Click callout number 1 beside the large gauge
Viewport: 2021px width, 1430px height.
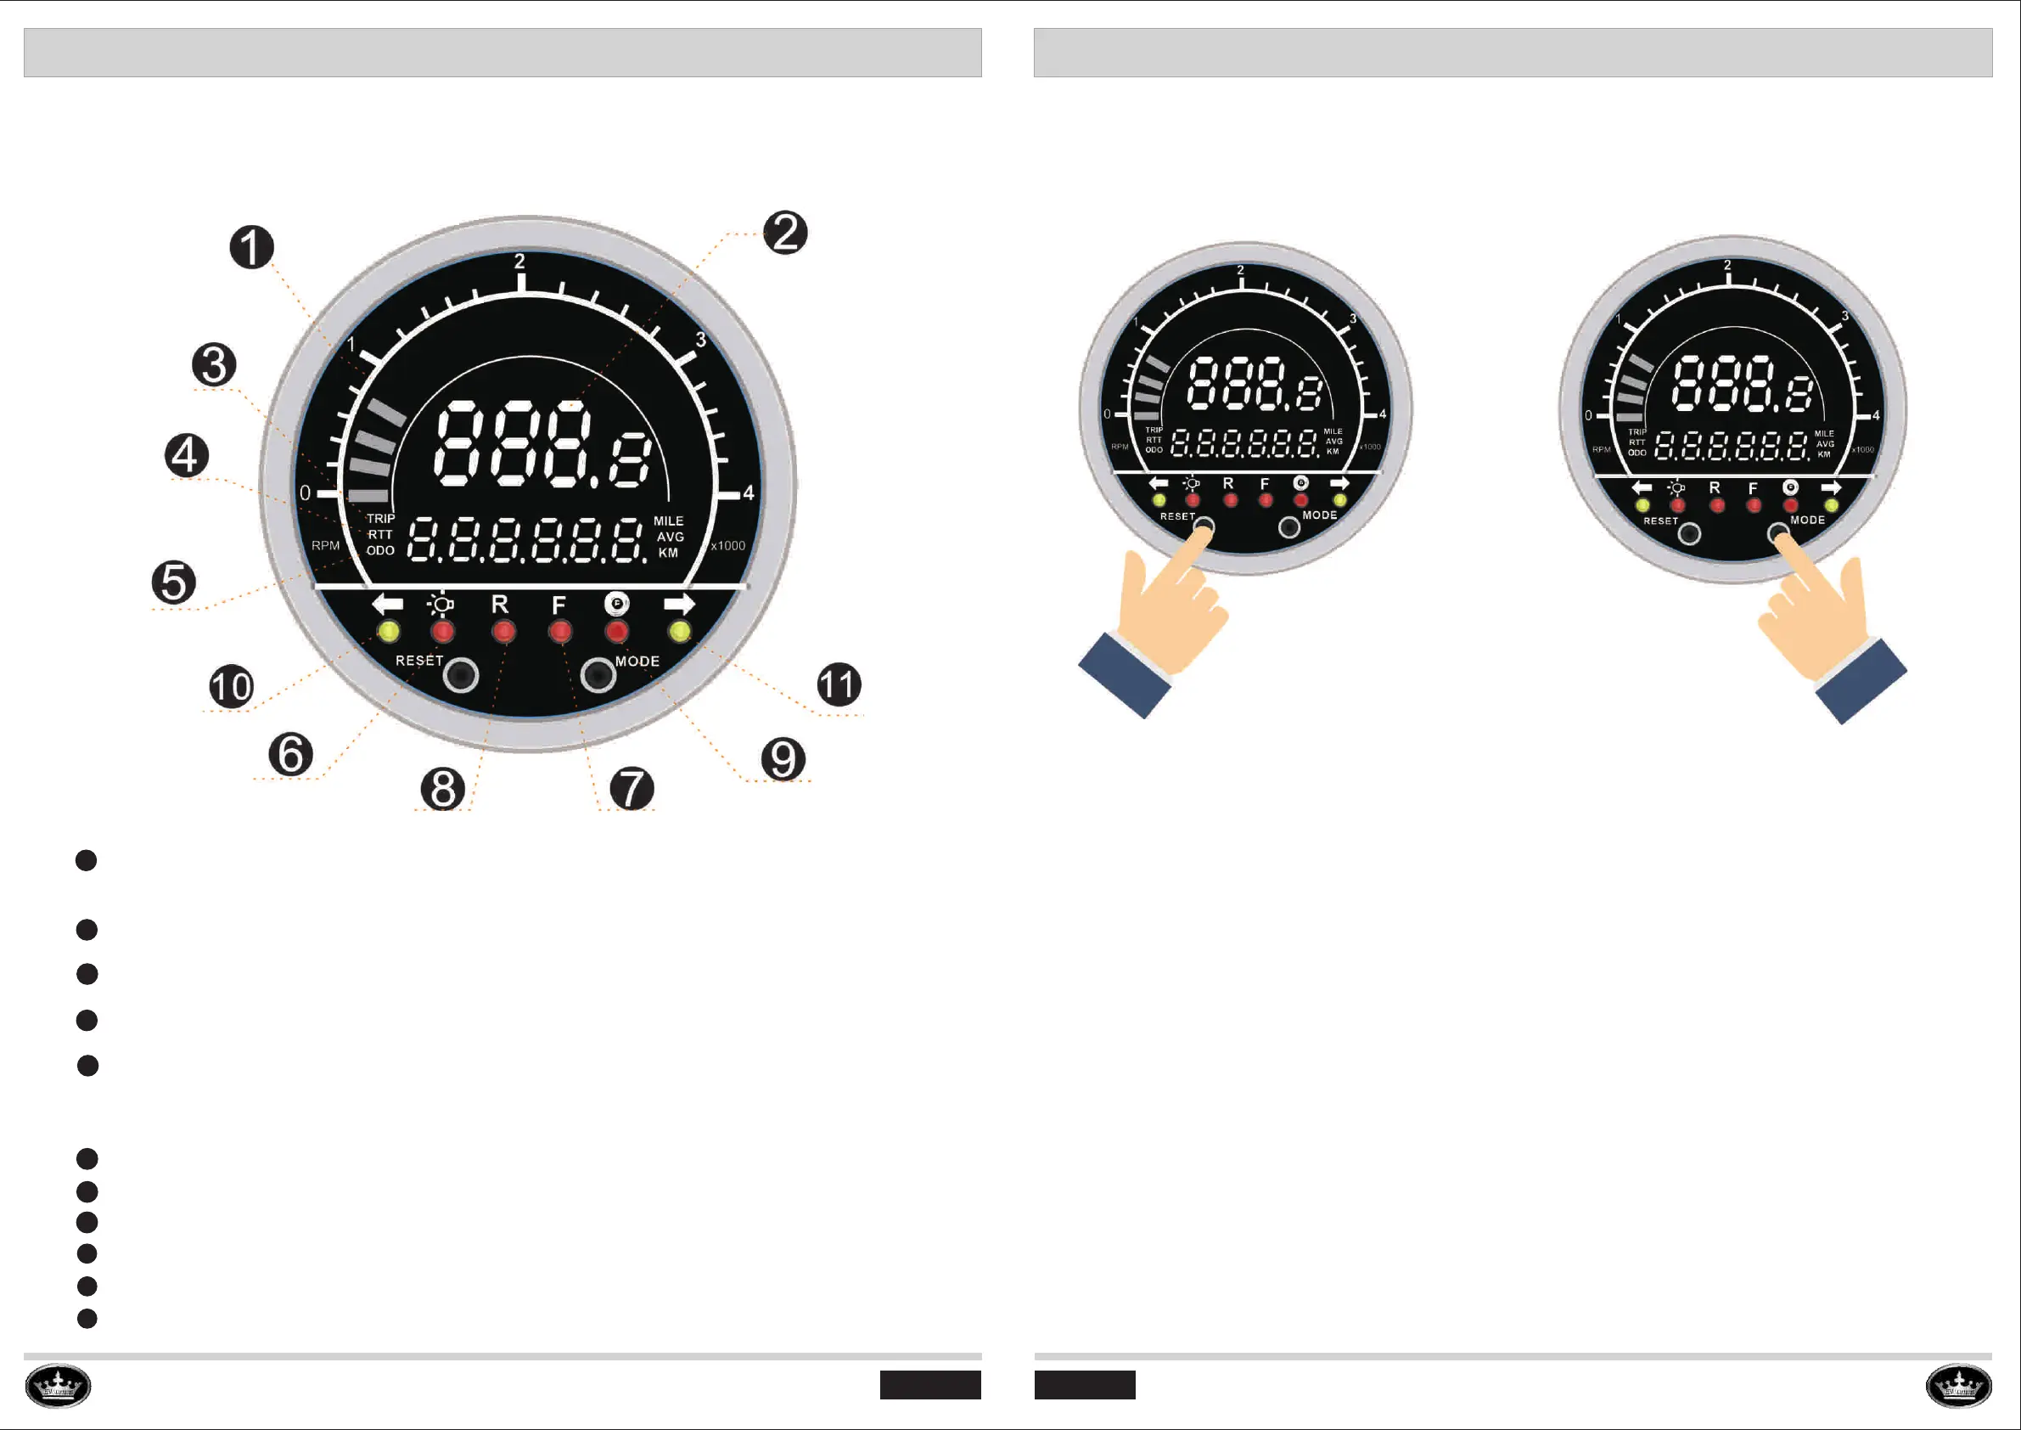coord(252,247)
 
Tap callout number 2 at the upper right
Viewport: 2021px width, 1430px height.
coord(785,234)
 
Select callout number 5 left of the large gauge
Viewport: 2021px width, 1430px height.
coord(173,582)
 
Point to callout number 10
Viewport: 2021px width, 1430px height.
coord(232,687)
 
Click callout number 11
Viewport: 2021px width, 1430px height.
coord(839,685)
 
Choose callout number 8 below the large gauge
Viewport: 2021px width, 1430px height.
coord(443,788)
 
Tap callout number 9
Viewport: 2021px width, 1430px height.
coord(783,759)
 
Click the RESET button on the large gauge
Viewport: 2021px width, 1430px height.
coord(460,675)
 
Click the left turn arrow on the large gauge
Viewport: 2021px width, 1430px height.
coord(387,604)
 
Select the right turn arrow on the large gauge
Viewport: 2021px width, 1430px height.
coord(679,604)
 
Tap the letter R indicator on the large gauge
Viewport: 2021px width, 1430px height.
coord(499,605)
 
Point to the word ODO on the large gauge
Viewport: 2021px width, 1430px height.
coord(380,551)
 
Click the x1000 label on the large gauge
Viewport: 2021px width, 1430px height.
coord(728,546)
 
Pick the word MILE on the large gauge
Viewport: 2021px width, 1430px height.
coord(668,521)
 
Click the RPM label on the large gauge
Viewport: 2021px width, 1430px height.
coord(325,546)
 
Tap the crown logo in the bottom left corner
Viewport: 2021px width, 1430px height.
coord(58,1386)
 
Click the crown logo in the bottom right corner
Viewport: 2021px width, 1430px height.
coord(1958,1386)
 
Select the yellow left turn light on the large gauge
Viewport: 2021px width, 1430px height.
coord(388,631)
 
